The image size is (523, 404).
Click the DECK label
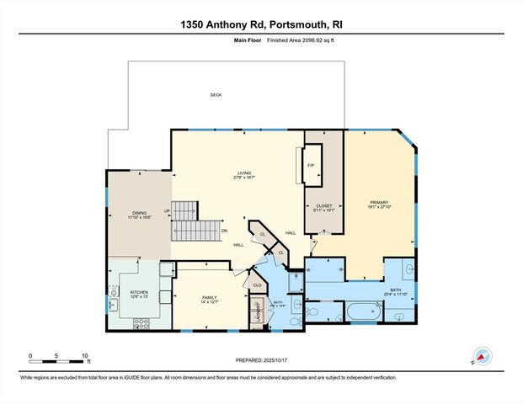(x=216, y=94)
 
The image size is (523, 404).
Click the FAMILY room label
(x=209, y=299)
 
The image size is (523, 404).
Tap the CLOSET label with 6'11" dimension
(x=324, y=207)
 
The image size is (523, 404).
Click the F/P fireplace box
(x=311, y=165)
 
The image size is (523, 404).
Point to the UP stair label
(x=167, y=211)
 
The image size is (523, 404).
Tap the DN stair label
(x=224, y=231)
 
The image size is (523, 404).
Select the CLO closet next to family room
(x=257, y=285)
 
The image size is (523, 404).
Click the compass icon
(x=483, y=356)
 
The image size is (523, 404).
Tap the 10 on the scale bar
(x=84, y=355)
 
